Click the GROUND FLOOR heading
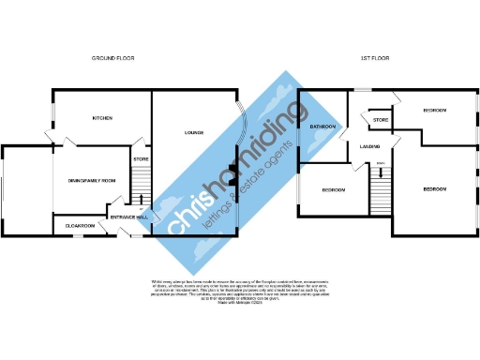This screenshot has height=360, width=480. point(113,58)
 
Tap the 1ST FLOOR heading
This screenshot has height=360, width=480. point(374,58)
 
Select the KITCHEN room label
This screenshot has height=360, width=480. point(102,119)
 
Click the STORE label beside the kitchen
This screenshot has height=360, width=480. point(142,160)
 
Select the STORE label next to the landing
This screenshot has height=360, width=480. point(380,120)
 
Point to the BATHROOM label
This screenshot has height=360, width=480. point(323,125)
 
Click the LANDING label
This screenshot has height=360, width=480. point(369,144)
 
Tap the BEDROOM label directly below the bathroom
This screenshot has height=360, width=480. point(334,189)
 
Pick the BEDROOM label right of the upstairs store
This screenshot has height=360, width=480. point(434,111)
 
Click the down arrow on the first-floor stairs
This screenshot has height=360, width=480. point(380,172)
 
